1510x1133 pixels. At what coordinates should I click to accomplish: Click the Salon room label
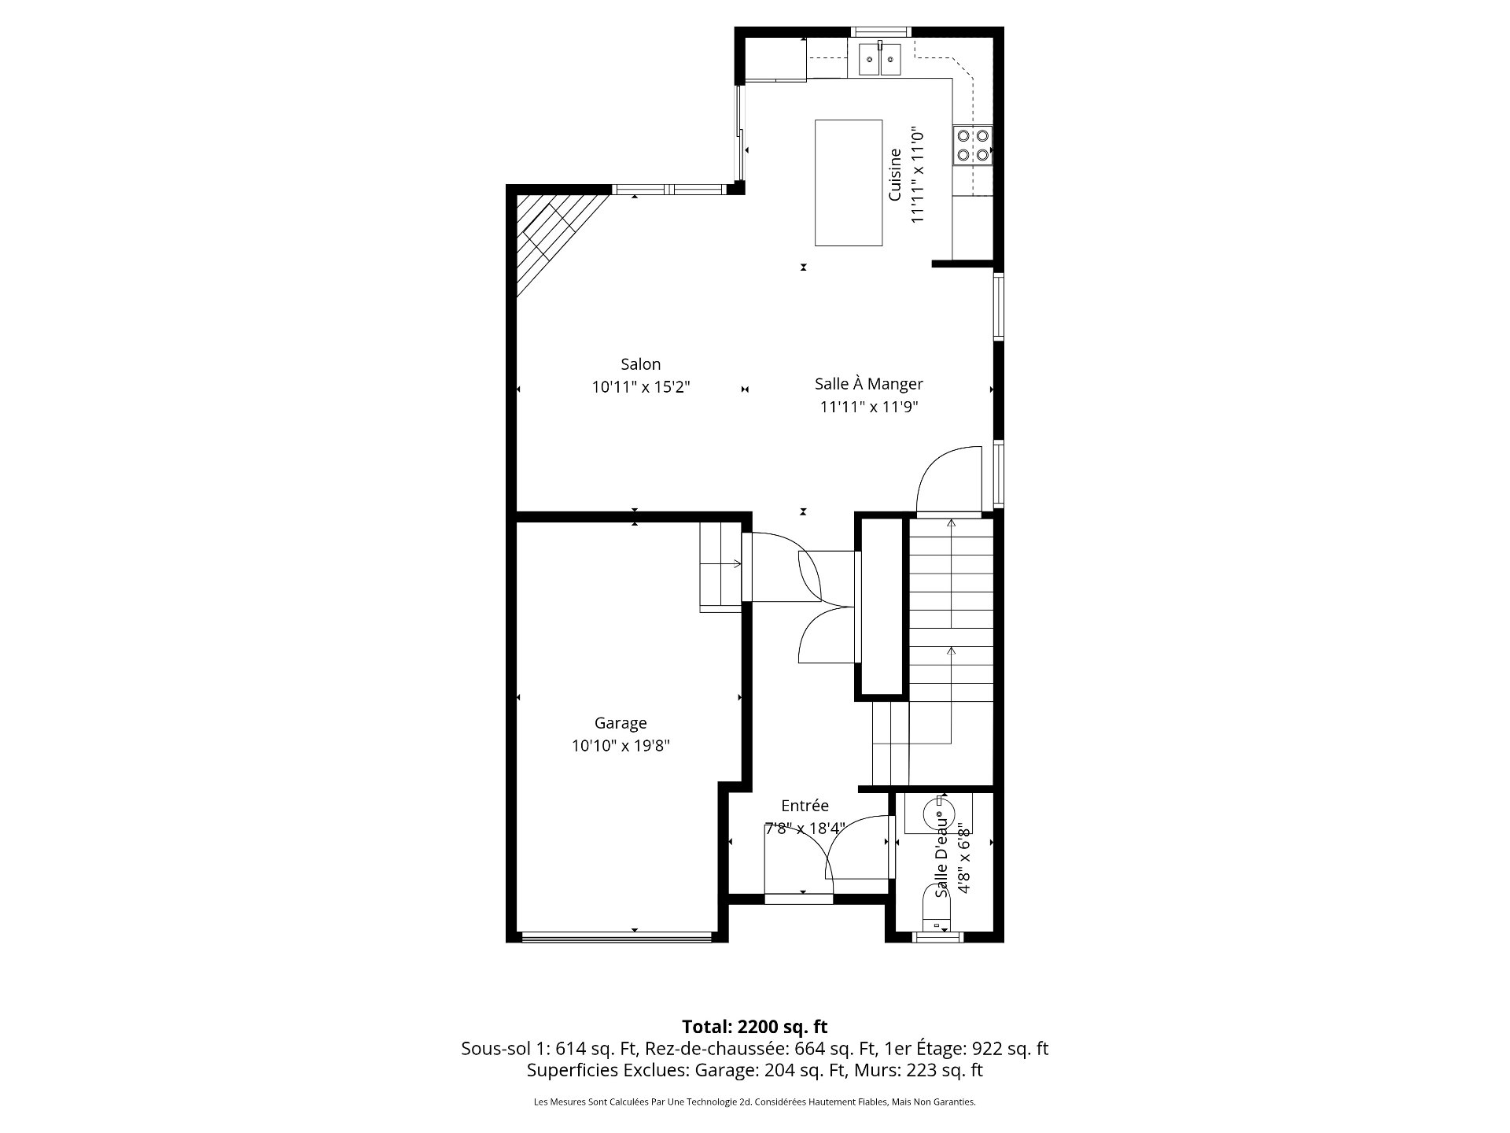tap(640, 364)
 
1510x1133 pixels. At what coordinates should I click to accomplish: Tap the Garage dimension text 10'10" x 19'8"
tap(621, 746)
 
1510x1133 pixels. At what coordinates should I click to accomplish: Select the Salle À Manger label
tap(868, 384)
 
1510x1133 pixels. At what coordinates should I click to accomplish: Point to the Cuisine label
tap(895, 175)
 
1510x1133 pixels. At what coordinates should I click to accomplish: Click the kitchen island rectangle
tap(848, 183)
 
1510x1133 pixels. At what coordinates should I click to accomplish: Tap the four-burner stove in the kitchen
tap(972, 145)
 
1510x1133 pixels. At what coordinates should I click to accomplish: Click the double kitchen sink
tap(879, 59)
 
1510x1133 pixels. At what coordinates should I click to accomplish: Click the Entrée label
tap(805, 806)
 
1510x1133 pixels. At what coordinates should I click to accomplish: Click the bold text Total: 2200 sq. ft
tap(754, 1027)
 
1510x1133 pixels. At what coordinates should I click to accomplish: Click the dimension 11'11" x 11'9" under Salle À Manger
tap(868, 407)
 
